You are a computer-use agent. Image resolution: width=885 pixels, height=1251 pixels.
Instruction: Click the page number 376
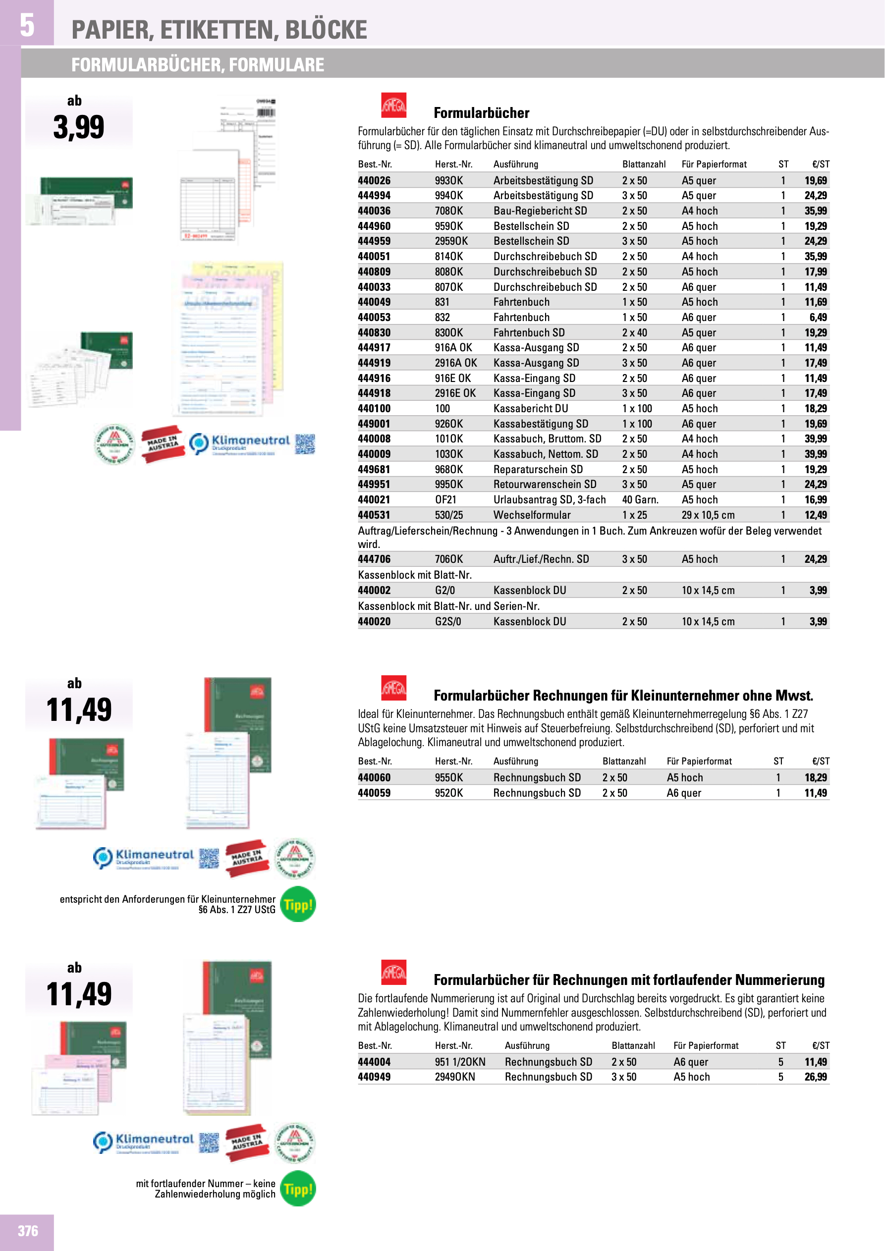point(28,1231)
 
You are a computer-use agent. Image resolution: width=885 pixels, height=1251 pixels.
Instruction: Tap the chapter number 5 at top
point(27,24)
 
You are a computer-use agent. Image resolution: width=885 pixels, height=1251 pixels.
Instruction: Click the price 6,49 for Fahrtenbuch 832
point(818,317)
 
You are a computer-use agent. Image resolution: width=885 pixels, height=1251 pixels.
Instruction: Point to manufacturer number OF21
point(446,499)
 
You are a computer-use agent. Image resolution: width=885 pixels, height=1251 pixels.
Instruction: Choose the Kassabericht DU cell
point(530,409)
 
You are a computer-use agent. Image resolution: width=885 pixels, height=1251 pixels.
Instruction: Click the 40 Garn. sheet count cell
point(640,499)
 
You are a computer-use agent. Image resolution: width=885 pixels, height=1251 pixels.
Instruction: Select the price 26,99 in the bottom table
point(815,1077)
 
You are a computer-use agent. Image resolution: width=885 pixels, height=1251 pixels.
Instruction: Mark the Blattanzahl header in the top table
point(644,164)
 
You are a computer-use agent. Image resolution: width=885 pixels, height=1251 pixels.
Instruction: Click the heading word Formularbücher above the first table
point(481,113)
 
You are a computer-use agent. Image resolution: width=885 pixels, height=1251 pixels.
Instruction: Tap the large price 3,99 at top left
point(78,127)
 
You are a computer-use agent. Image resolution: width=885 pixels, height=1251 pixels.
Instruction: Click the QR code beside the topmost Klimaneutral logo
point(305,444)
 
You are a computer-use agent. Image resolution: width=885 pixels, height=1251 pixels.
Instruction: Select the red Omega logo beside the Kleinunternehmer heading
point(393,688)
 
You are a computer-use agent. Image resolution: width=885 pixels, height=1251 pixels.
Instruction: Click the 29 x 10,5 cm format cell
point(707,515)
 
